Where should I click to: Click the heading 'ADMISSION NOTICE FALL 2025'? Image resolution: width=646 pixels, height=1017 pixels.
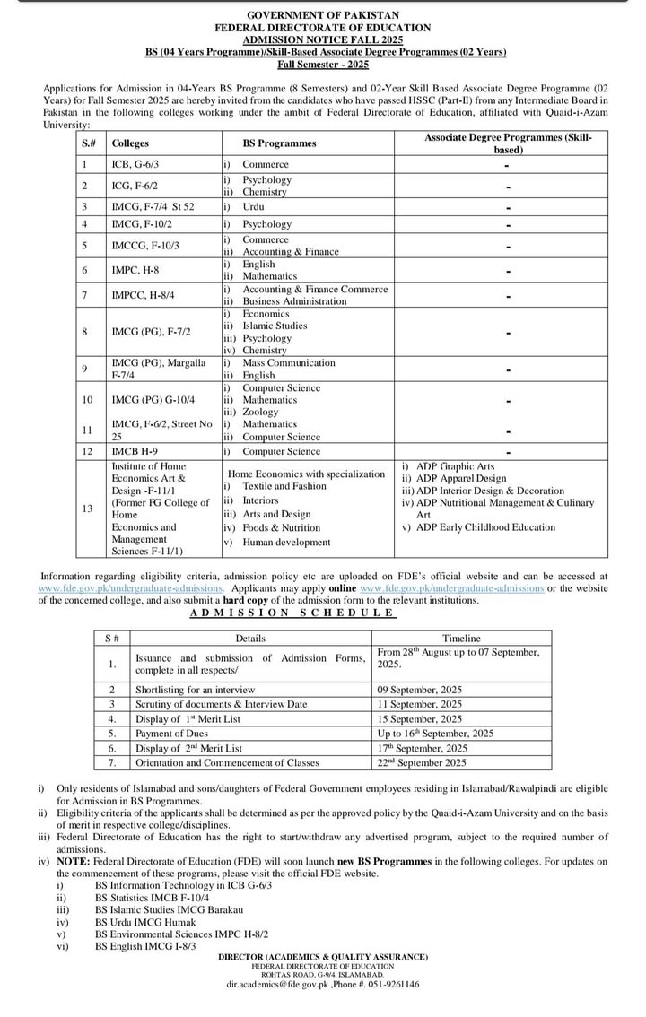[x=324, y=39]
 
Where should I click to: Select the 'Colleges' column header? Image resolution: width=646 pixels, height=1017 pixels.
[x=131, y=143]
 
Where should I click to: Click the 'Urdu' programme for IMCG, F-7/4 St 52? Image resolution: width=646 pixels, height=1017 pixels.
[x=253, y=207]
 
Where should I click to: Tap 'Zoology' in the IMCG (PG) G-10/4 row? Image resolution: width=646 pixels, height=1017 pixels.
[x=260, y=413]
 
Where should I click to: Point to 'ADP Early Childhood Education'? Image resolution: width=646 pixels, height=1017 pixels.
[x=484, y=527]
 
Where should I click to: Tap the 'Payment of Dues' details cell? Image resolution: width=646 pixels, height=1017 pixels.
[x=172, y=733]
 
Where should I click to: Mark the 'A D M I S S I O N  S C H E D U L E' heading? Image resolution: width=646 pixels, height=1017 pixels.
[x=292, y=613]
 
